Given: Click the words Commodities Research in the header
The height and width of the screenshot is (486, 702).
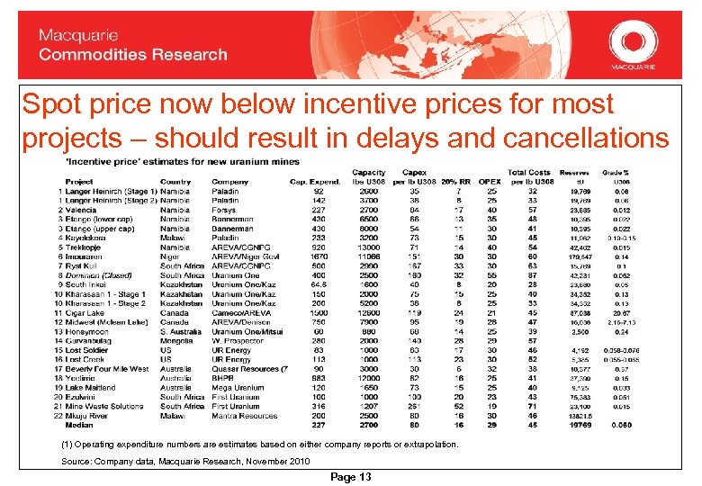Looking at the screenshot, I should (x=132, y=55).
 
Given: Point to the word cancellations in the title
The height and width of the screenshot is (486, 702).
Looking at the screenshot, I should (x=589, y=138).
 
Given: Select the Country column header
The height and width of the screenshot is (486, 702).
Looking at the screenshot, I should (x=175, y=181).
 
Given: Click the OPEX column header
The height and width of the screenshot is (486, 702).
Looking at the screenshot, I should (x=490, y=181).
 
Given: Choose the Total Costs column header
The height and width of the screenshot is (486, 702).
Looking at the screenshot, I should (x=529, y=172).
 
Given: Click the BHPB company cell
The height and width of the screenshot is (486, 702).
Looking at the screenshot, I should (x=224, y=378).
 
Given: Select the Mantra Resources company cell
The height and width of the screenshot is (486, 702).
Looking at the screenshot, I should (x=244, y=416).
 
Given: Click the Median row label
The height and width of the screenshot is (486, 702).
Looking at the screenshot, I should (x=79, y=425).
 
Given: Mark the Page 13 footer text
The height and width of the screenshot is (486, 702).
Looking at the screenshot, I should (x=351, y=476).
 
